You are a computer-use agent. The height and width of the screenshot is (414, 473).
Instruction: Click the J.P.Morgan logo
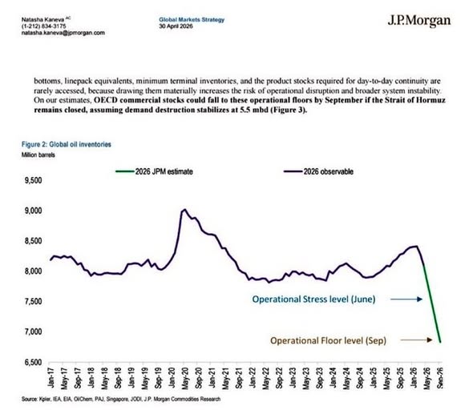[419, 21]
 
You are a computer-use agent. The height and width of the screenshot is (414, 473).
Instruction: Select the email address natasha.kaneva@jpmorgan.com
[63, 33]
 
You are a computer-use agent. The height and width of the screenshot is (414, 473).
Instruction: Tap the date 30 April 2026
[176, 26]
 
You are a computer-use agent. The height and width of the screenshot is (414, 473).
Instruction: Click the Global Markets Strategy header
[192, 20]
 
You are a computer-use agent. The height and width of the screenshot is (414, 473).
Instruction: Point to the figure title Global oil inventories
[67, 144]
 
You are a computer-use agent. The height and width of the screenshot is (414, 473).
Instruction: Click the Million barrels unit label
[38, 155]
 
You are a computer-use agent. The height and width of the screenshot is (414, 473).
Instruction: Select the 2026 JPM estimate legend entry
[154, 171]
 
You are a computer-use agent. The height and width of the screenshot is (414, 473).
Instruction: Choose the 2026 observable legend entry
[318, 171]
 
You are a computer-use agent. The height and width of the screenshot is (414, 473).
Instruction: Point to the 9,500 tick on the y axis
[34, 180]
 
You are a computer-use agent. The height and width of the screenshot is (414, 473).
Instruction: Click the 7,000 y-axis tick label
[34, 332]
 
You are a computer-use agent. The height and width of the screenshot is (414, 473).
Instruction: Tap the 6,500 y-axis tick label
[34, 362]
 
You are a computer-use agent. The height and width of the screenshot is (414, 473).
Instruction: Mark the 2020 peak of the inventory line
[184, 210]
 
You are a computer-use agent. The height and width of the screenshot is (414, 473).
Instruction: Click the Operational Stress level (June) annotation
[313, 299]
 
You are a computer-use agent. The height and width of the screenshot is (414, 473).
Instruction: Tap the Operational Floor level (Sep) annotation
[328, 340]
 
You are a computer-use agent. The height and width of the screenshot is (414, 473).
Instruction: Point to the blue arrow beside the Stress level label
[406, 299]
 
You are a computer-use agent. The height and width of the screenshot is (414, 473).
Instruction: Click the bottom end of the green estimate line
[440, 342]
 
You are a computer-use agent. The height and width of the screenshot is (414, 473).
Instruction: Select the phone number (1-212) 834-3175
[44, 26]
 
